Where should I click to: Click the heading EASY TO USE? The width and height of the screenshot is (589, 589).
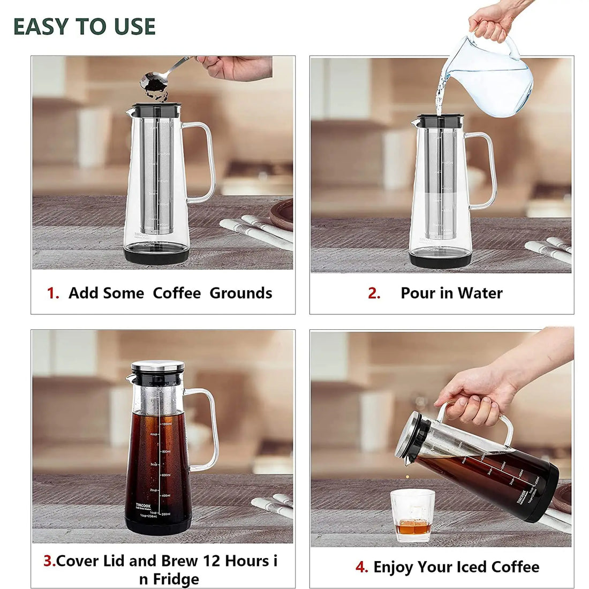point(85,26)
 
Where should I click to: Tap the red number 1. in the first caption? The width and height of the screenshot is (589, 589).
point(53,293)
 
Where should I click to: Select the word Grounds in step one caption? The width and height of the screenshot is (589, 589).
point(240,293)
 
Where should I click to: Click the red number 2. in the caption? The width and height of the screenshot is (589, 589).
point(374,293)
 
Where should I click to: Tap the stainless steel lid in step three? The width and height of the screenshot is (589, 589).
point(157,366)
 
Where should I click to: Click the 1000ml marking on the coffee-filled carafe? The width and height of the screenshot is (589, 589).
point(166,424)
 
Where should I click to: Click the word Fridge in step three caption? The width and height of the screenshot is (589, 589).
point(176,579)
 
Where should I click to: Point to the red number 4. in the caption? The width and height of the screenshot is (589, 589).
point(361,567)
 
